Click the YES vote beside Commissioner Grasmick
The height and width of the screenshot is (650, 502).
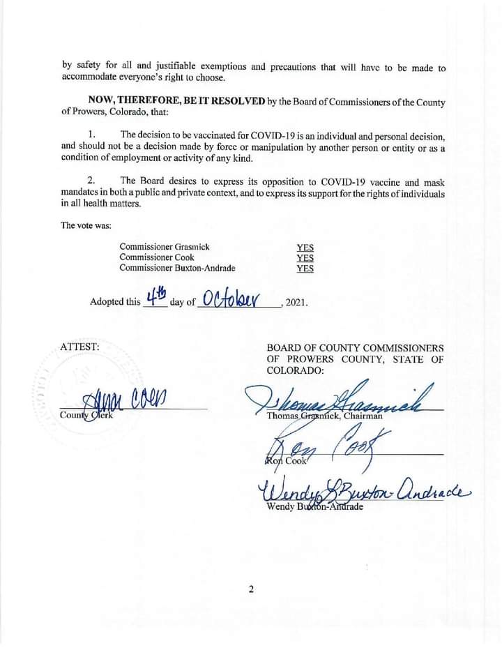(305, 247)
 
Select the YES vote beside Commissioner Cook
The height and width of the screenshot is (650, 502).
(305, 257)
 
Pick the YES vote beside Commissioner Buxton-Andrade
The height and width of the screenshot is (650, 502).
(305, 268)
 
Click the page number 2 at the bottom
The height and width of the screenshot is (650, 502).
(251, 589)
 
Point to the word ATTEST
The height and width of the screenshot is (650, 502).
(79, 346)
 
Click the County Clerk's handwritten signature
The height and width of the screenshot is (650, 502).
(129, 401)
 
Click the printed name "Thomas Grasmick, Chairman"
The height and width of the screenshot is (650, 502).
(324, 416)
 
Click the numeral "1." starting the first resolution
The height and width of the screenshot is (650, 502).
(93, 134)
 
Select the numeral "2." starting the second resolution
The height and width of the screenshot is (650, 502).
(93, 181)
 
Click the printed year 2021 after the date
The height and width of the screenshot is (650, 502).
(295, 303)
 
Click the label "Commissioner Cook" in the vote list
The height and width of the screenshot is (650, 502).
(157, 257)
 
